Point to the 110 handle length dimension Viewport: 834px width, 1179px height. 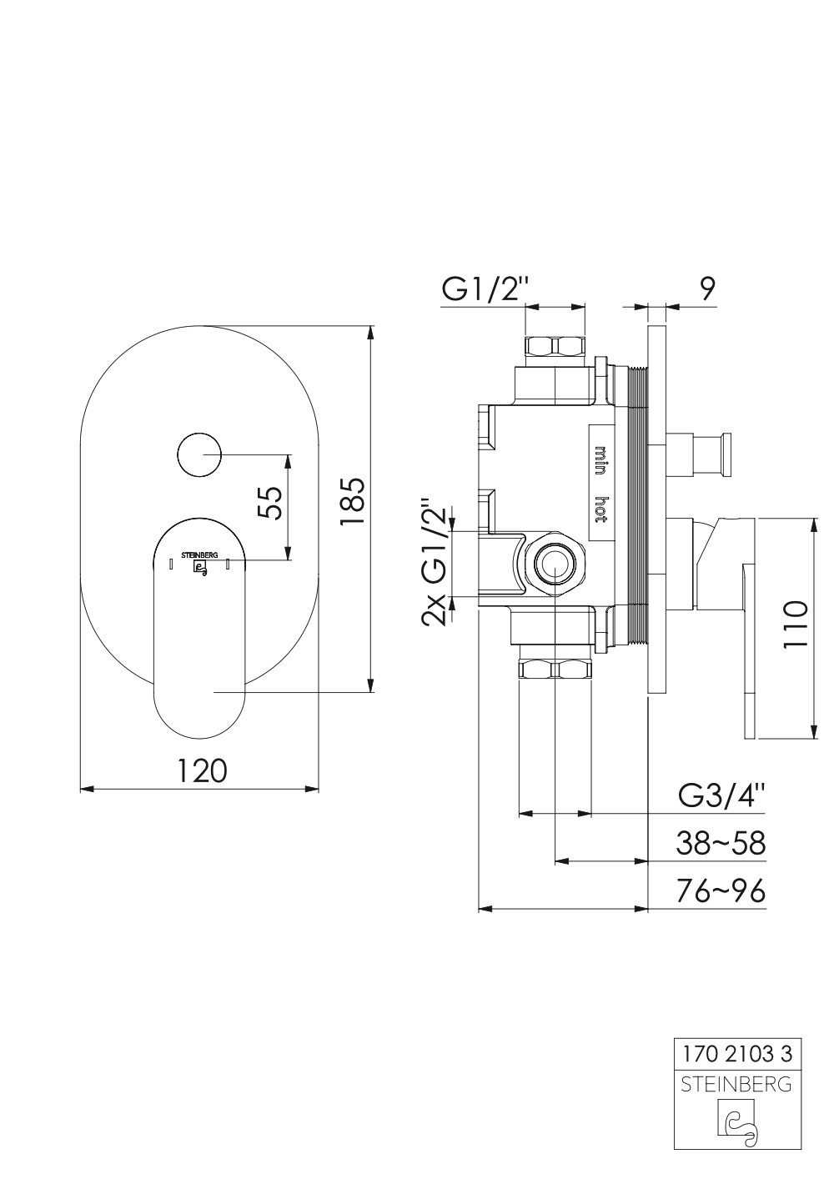pyautogui.click(x=796, y=624)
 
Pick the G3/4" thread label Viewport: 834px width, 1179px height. pyautogui.click(x=721, y=795)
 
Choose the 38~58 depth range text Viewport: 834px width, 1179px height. pyautogui.click(x=721, y=843)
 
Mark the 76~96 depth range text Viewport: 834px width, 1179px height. pyautogui.click(x=721, y=891)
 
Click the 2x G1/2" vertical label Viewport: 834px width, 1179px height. pyautogui.click(x=434, y=564)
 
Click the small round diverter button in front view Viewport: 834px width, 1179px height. pyautogui.click(x=198, y=455)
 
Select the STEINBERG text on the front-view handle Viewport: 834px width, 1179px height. pyautogui.click(x=199, y=554)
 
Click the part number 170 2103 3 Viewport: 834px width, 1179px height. pyautogui.click(x=737, y=1054)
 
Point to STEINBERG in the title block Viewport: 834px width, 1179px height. pyautogui.click(x=736, y=1085)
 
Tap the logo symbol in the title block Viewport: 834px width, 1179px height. pyautogui.click(x=737, y=1122)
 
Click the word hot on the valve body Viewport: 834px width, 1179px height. pyautogui.click(x=600, y=508)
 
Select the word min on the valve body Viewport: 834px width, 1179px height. pyautogui.click(x=600, y=459)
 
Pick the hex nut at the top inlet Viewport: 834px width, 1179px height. pyautogui.click(x=555, y=347)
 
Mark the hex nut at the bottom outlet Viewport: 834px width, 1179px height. pyautogui.click(x=555, y=669)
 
